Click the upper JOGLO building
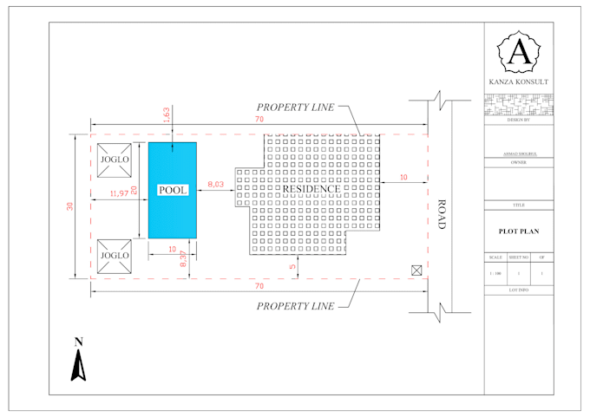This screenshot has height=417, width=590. coord(114,160)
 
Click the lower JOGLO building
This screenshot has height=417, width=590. coord(114,256)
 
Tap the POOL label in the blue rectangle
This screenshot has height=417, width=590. coord(172,190)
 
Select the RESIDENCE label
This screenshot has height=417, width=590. coord(311,189)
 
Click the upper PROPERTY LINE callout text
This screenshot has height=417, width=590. coord(294,107)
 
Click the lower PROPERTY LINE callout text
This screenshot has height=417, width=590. coord(294,306)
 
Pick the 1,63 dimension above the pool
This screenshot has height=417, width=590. coord(167,114)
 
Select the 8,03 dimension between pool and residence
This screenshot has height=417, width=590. coord(216,184)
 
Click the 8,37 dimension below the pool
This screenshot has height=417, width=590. coord(183,257)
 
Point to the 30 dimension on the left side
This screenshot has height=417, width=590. coord(69,206)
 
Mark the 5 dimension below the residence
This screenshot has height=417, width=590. coord(292,267)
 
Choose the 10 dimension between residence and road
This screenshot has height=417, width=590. coord(403,178)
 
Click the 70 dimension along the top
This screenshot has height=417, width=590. coord(259,119)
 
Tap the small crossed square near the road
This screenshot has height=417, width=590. coord(417,270)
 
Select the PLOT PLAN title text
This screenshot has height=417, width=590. coord(519,232)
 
